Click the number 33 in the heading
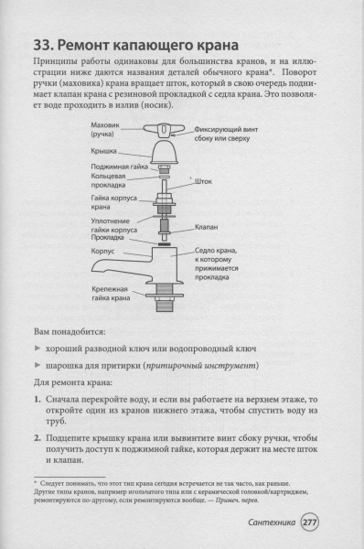click(43, 45)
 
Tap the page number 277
click(310, 522)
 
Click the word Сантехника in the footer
click(272, 522)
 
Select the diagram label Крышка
click(103, 151)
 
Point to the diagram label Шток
click(203, 181)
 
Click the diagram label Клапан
click(206, 227)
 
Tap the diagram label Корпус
click(102, 251)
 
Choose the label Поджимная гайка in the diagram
click(119, 167)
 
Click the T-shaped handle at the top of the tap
click(161, 130)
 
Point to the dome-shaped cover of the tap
click(164, 152)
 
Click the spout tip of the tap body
click(94, 268)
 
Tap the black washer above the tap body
click(164, 243)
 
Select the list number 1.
click(37, 400)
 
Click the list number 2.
click(37, 438)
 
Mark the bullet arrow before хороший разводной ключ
click(37, 349)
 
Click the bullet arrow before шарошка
click(37, 365)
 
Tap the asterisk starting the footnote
click(36, 483)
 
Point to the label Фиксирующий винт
click(226, 130)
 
